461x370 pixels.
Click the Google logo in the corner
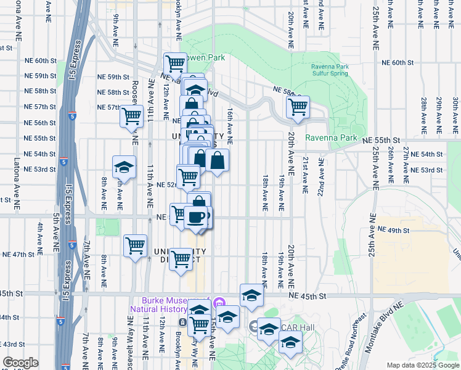click(21, 363)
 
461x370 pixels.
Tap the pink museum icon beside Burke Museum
click(221, 303)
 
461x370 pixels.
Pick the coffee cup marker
click(197, 216)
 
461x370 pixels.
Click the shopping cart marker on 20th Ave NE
click(298, 106)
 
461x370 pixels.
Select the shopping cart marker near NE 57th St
click(131, 115)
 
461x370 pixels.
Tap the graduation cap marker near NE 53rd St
click(124, 166)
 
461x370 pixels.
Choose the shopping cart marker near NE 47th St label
click(135, 245)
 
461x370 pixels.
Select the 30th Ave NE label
click(454, 109)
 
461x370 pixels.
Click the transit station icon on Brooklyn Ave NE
click(183, 322)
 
